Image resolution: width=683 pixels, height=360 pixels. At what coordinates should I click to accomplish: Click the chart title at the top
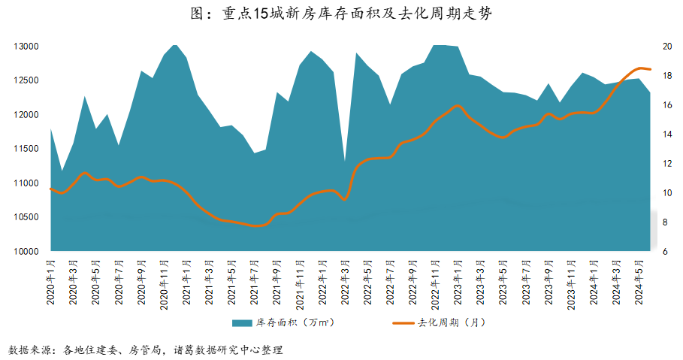(341, 13)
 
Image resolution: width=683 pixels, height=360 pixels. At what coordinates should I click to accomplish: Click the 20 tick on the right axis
(666, 46)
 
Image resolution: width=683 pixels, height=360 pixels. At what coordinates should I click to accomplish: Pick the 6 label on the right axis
(663, 251)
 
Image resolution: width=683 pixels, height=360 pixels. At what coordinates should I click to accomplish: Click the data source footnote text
(147, 349)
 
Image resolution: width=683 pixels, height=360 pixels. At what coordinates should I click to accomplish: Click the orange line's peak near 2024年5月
(641, 68)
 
